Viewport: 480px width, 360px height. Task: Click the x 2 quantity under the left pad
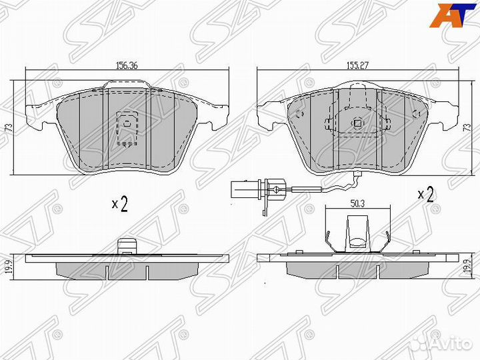tap(119, 204)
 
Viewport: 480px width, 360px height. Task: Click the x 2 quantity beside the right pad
tap(425, 195)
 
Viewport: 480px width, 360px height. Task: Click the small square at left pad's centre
tap(126, 122)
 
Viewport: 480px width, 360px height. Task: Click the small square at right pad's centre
tap(357, 122)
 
